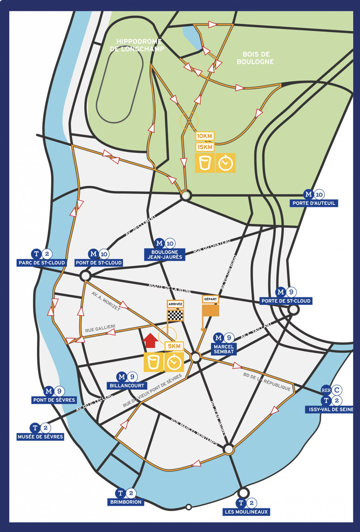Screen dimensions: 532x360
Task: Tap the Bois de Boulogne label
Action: click(255, 58)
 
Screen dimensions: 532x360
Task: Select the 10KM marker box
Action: click(205, 136)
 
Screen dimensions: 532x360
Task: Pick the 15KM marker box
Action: click(205, 147)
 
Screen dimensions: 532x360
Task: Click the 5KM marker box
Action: click(174, 346)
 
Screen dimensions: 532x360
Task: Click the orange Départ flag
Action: click(211, 310)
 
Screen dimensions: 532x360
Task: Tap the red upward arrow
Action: click(150, 341)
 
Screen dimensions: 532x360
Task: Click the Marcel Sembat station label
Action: click(224, 349)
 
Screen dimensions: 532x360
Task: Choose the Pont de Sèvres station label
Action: click(54, 400)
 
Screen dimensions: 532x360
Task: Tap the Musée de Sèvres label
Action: click(40, 437)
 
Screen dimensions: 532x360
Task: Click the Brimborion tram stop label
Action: click(126, 502)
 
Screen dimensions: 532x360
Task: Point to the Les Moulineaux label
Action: click(246, 512)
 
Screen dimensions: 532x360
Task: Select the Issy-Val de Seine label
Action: click(330, 409)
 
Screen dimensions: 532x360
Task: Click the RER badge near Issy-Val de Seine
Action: click(326, 390)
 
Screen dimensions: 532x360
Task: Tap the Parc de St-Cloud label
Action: click(42, 263)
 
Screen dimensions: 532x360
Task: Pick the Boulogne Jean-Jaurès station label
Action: click(164, 254)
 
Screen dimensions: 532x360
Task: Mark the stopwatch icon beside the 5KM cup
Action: click(174, 363)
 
